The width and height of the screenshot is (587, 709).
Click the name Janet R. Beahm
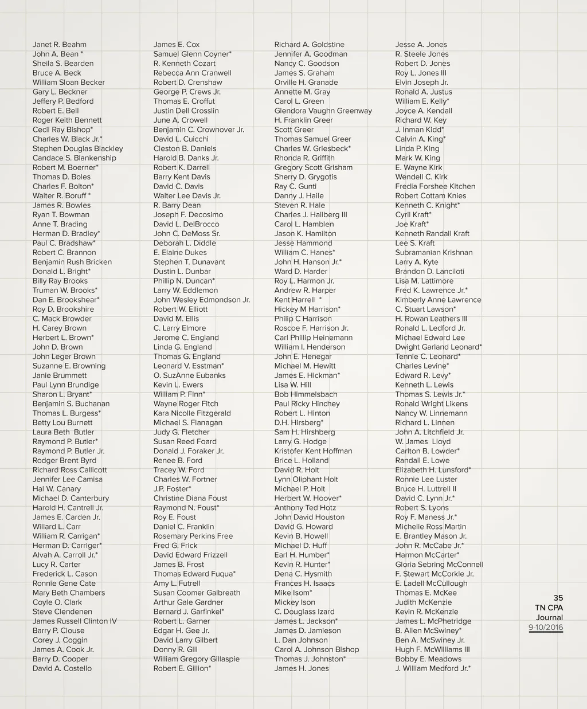pos(60,45)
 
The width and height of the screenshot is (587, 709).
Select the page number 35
pos(558,598)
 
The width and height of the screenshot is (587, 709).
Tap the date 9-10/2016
pos(546,627)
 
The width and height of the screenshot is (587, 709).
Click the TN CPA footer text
pos(549,608)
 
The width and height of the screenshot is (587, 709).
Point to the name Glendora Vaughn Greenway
pos(323,111)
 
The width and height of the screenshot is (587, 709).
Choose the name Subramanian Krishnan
pos(433,253)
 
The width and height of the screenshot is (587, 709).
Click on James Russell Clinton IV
pos(75,621)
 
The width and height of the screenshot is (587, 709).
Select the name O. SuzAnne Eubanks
pos(189,375)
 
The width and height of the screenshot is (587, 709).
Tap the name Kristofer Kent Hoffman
pos(313,451)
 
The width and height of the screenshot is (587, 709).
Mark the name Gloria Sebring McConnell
pos(439,565)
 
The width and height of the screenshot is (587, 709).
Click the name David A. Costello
pos(62,668)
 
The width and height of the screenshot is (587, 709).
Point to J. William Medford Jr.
pos(433,668)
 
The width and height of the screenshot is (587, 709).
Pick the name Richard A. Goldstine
pos(309,45)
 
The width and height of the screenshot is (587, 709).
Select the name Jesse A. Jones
pos(421,45)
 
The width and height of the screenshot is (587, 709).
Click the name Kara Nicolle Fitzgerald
pos(192,413)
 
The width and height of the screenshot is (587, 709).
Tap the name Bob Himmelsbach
pos(306,394)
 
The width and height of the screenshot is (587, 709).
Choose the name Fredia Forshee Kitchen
pos(435,186)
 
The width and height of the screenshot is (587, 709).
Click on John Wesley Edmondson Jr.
pos(201,300)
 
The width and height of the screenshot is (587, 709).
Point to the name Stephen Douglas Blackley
pos(77,148)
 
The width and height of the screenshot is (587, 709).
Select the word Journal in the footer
pos(549,617)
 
